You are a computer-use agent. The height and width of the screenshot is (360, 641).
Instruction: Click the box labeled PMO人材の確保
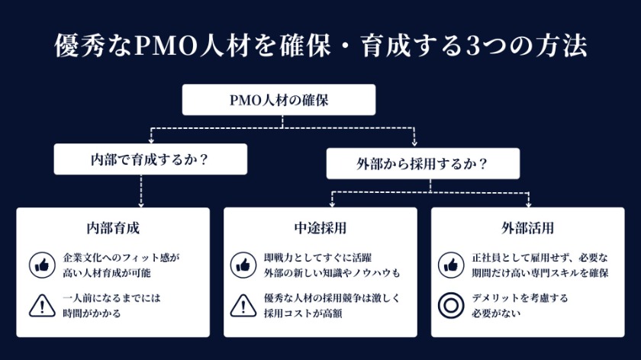click(279, 99)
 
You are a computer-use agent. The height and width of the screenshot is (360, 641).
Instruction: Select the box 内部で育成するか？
click(150, 162)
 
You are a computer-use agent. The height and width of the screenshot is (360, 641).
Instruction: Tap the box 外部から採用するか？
click(422, 163)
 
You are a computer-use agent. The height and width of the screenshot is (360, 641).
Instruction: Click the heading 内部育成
click(113, 228)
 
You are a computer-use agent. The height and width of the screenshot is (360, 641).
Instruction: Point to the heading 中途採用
click(320, 228)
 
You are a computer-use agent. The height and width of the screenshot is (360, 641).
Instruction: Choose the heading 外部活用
click(527, 228)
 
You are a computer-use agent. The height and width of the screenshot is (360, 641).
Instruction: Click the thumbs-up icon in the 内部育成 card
click(41, 265)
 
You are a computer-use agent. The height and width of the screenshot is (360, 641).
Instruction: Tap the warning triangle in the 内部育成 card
click(41, 305)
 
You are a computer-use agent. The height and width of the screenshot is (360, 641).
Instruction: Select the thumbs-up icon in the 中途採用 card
click(243, 265)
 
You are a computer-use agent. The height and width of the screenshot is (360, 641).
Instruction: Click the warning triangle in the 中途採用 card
click(243, 305)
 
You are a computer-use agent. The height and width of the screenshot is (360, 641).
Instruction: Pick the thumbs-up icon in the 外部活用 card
click(451, 265)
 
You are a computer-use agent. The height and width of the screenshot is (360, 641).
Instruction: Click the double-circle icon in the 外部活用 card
click(451, 305)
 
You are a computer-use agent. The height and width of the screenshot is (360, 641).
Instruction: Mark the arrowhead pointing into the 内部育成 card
click(142, 204)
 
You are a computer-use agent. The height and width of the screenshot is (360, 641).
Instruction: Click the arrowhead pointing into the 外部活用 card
click(528, 204)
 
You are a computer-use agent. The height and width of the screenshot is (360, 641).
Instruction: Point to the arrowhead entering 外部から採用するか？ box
click(414, 143)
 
